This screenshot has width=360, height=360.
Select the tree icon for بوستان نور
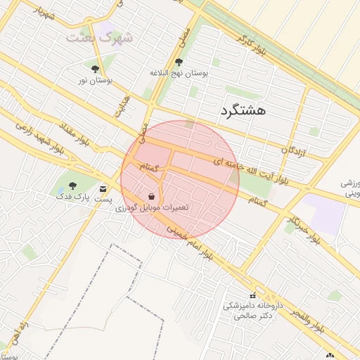tap(95, 68)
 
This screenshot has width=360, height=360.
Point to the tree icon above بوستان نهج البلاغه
tap(179, 62)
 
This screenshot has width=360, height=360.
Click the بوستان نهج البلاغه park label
tap(179, 72)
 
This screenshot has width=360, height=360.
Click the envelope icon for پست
tap(103, 189)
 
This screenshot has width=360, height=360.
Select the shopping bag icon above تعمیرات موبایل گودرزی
tap(153, 197)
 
